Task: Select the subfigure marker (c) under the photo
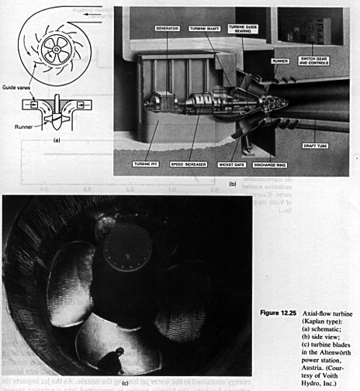pyautogui.click(x=126, y=382)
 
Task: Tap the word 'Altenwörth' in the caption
pyautogui.click(x=304, y=342)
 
